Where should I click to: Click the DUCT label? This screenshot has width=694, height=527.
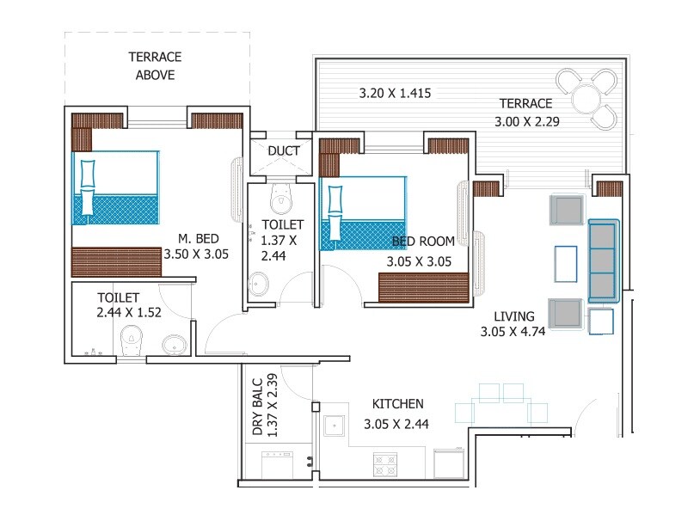[x=283, y=151]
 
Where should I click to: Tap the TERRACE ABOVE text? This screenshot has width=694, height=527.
[x=155, y=66]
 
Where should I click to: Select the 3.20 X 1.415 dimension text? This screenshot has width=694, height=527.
[x=394, y=92]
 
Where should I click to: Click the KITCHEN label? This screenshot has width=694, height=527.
[x=397, y=404]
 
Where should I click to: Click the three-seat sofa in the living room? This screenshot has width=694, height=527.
[x=603, y=260]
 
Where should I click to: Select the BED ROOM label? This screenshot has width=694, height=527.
[x=422, y=242]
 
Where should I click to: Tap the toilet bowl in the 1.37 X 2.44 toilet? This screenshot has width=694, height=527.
[x=279, y=200]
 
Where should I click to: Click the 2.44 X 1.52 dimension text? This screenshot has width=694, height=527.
[x=129, y=314]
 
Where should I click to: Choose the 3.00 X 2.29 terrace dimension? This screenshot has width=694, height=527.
[x=527, y=121]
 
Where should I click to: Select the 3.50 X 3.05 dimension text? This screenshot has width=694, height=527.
[x=196, y=254]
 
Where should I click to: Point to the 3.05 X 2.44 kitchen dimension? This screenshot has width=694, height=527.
[x=396, y=423]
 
